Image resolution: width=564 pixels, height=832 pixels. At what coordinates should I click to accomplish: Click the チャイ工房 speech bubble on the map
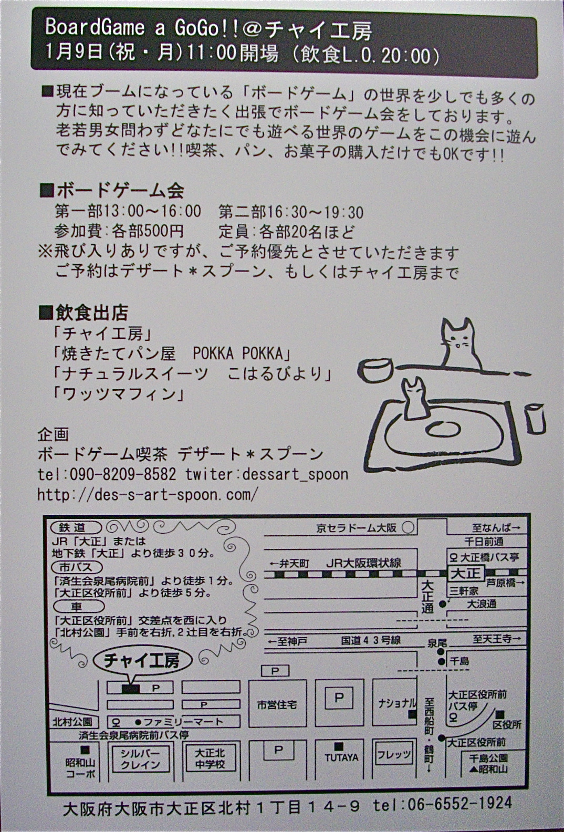pos(142,660)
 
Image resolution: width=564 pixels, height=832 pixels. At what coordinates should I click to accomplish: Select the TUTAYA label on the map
pos(341,757)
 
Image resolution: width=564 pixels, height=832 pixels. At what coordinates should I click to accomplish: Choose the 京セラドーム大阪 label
pos(357,528)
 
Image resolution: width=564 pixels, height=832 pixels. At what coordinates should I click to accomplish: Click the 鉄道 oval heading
pos(76,527)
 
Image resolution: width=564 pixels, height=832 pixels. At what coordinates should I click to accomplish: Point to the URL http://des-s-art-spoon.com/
pos(147,495)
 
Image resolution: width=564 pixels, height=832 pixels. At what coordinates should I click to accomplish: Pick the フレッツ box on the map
pos(394,754)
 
